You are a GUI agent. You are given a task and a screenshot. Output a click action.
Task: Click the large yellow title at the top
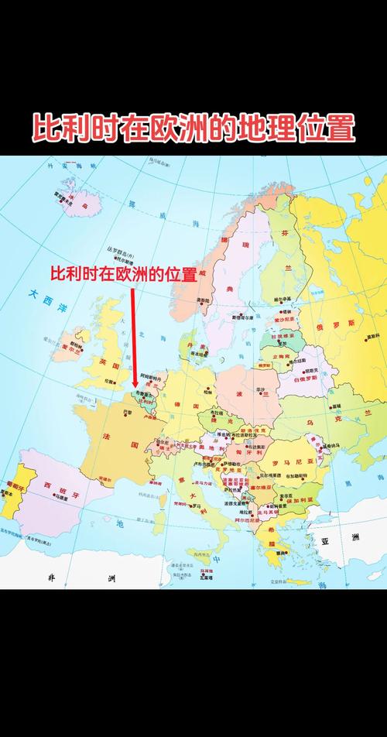pos(193,128)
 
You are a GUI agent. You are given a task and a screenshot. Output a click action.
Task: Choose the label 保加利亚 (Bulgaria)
pos(298,500)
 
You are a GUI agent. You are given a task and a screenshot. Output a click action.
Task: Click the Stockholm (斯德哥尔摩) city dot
pos(241,316)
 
